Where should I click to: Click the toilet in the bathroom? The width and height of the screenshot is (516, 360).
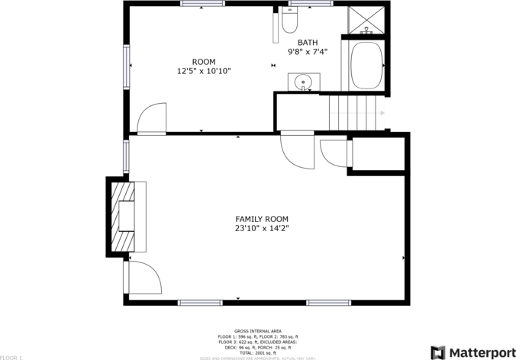[289, 21]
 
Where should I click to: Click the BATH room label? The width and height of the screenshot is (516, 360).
[308, 43]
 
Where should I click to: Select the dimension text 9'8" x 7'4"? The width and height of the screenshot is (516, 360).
[308, 52]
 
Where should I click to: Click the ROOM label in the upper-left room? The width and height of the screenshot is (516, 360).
[203, 62]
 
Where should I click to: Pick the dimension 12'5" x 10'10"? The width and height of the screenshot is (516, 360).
[203, 71]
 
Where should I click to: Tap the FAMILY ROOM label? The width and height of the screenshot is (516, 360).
[262, 219]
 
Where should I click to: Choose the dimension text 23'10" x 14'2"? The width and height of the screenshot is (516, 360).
[262, 228]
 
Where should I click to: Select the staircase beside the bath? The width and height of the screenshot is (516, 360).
[356, 113]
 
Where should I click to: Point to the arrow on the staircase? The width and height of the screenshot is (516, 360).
[382, 113]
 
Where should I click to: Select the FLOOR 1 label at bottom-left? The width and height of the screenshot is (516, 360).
[11, 357]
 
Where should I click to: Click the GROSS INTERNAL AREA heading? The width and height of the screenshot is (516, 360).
[256, 331]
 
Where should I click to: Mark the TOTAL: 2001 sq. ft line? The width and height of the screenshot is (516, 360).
[256, 352]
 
